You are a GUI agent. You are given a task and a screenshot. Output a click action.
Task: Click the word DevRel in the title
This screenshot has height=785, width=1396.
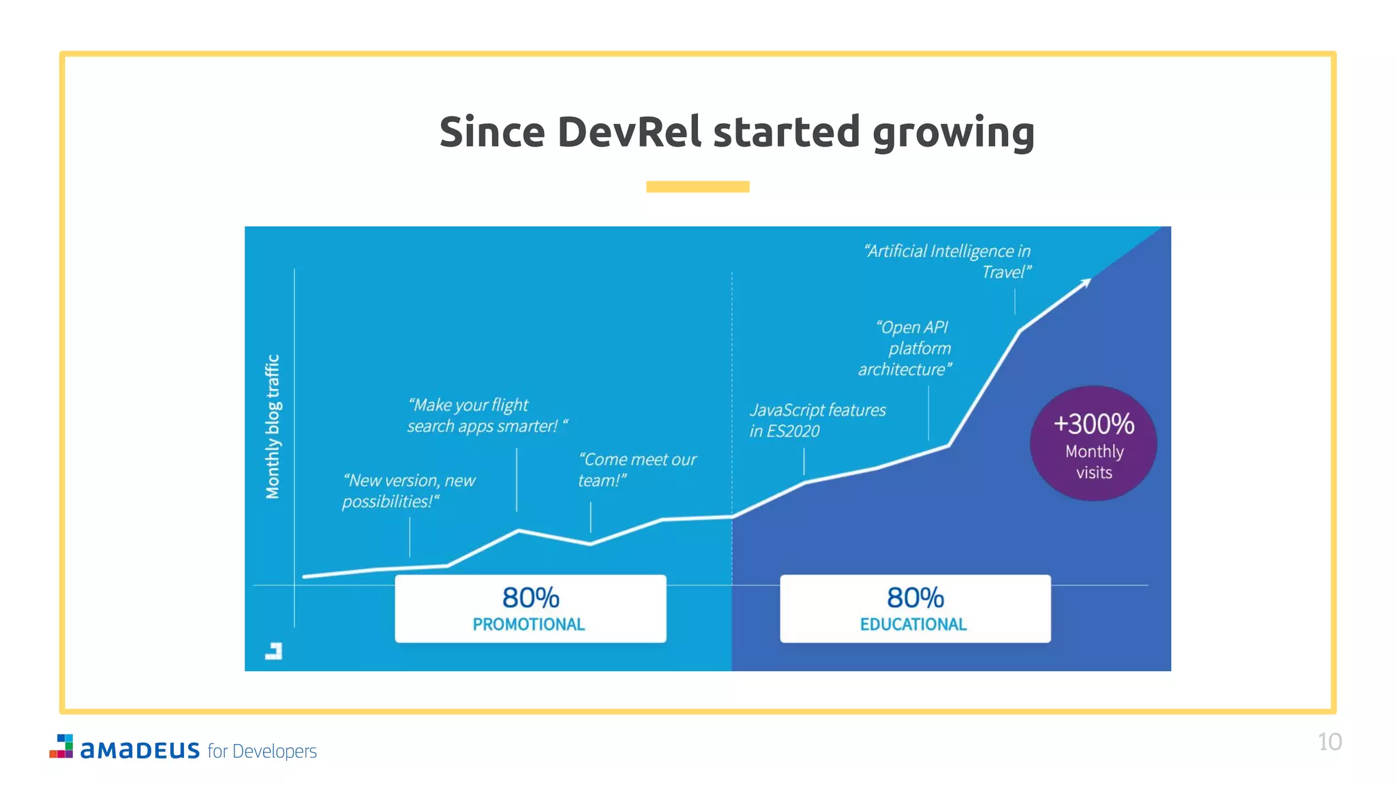click(628, 132)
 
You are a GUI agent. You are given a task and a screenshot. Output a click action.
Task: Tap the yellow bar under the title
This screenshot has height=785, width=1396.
click(697, 187)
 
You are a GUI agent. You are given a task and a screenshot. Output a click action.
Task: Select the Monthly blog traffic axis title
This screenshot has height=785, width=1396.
click(273, 427)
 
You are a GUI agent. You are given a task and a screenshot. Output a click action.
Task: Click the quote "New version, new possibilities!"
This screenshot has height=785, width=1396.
click(408, 491)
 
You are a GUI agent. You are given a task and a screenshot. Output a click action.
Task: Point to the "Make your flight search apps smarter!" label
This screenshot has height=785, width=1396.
click(486, 416)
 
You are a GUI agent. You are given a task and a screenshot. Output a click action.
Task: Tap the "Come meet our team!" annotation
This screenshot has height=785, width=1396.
click(636, 470)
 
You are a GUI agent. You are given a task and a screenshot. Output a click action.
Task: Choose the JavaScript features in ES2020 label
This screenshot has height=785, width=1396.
click(817, 420)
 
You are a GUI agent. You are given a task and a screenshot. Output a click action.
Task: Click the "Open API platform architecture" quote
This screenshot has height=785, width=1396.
click(905, 348)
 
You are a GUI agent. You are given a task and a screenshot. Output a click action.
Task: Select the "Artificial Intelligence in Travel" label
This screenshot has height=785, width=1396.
click(948, 262)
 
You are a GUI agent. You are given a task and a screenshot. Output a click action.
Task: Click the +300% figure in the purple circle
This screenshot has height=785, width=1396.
click(1093, 424)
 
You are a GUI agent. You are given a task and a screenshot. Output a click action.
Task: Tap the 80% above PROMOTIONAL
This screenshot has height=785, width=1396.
click(530, 598)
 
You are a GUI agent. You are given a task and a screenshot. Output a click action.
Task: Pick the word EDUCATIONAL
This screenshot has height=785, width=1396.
click(913, 624)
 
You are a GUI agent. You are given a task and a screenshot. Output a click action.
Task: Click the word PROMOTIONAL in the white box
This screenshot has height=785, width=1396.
click(528, 624)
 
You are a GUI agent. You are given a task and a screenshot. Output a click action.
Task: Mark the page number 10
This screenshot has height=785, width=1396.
click(1329, 741)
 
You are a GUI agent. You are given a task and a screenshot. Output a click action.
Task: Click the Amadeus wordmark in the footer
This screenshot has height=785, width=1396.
click(140, 750)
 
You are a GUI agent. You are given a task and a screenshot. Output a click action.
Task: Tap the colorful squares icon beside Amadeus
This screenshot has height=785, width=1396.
click(62, 746)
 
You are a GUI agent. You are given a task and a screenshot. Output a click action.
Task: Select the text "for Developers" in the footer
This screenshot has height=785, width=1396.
click(262, 751)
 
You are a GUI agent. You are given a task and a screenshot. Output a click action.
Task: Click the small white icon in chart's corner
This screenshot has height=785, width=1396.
click(273, 651)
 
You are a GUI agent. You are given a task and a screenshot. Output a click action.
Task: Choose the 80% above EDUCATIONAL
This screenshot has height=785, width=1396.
click(915, 598)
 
